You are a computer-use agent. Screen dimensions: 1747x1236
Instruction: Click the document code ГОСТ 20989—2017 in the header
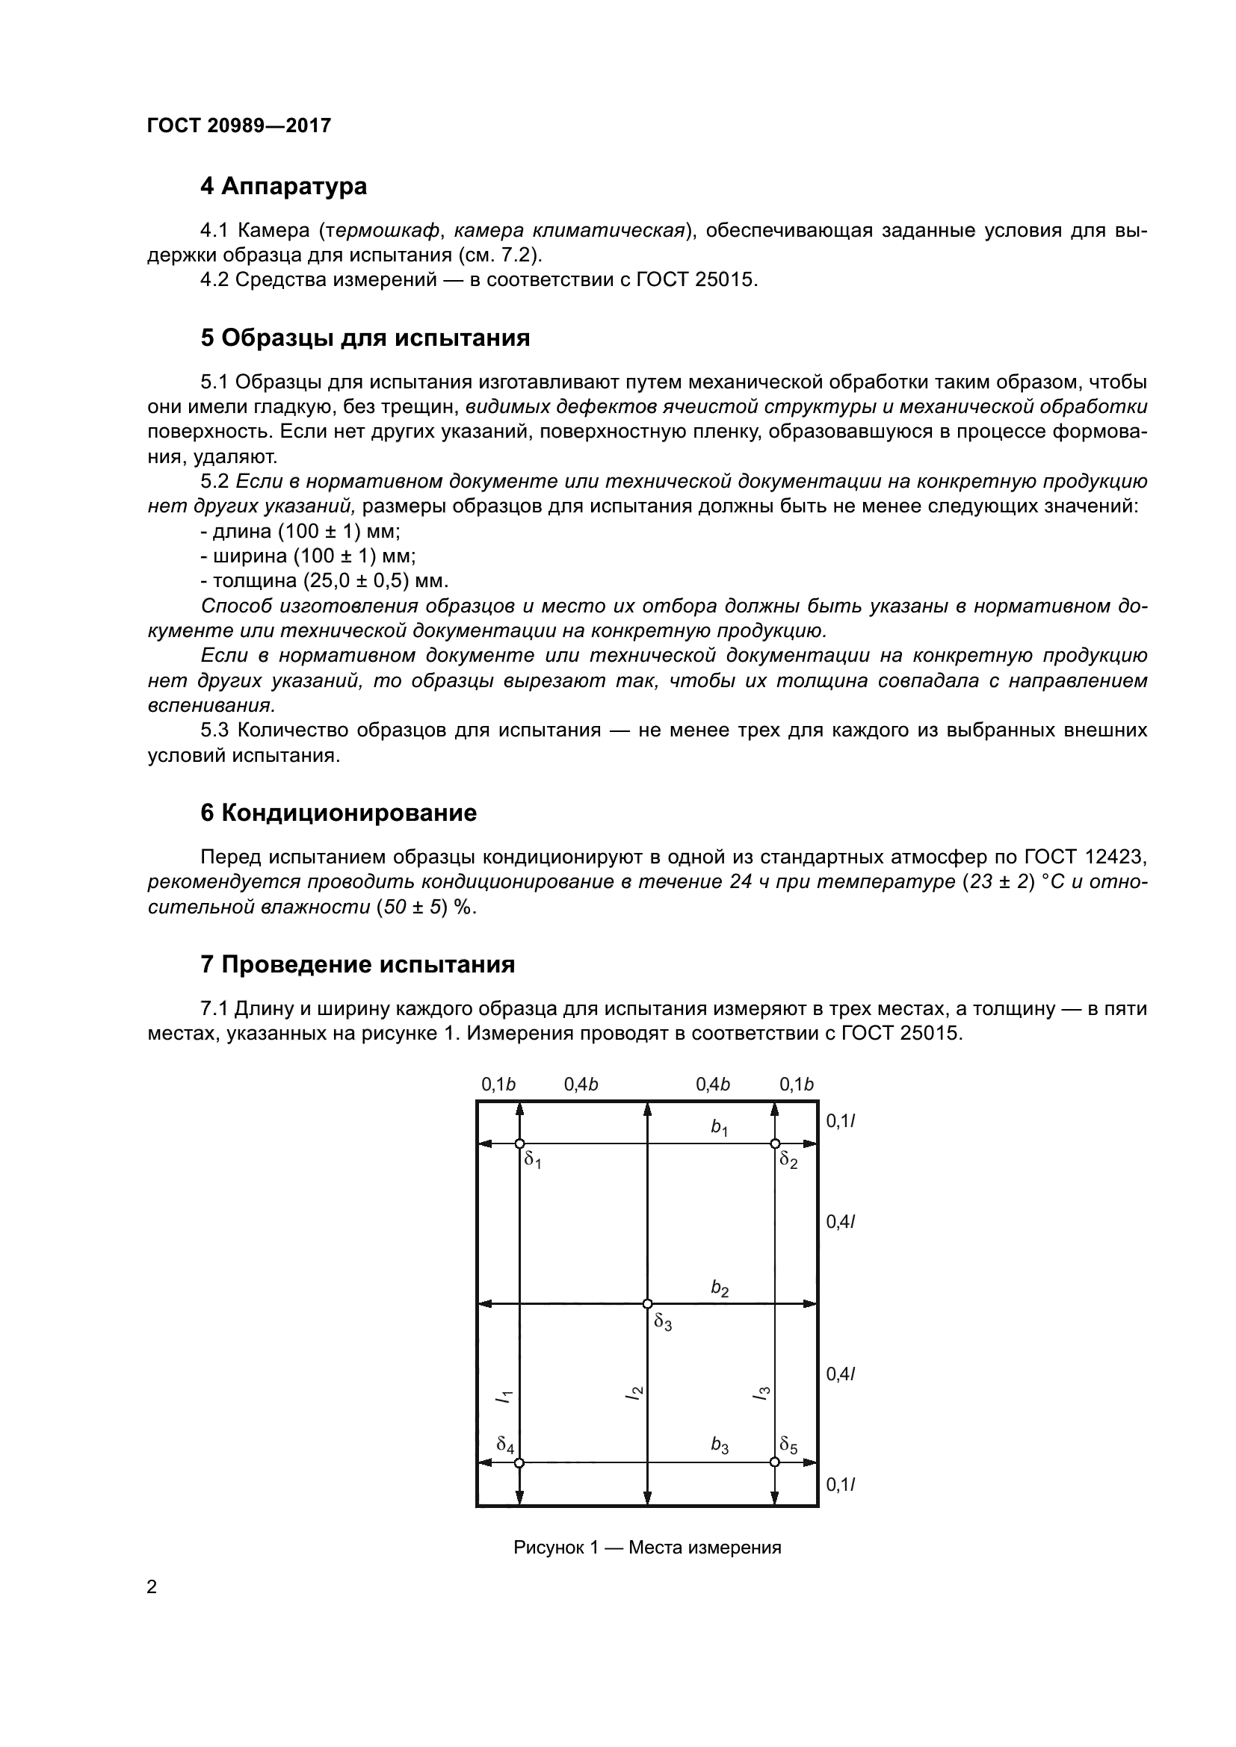(x=239, y=125)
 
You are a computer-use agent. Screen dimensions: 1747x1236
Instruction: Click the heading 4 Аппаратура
(x=283, y=187)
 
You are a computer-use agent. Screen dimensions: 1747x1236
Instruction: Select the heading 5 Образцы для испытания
(x=365, y=338)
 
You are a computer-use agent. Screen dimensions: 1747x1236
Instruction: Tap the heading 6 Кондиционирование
(x=338, y=813)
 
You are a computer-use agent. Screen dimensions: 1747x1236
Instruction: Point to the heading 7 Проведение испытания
(x=357, y=965)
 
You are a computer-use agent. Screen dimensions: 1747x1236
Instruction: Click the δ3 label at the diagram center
(x=663, y=1322)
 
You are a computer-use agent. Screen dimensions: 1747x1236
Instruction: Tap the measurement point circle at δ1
(x=519, y=1144)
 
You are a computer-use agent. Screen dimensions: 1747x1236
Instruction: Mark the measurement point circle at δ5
(x=775, y=1462)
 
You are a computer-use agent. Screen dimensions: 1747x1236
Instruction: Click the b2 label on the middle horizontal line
(x=719, y=1288)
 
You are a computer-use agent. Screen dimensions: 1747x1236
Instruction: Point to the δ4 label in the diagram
(x=505, y=1444)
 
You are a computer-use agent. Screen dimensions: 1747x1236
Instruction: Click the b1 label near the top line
(x=719, y=1127)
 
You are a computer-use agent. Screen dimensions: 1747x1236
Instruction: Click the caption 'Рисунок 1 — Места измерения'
(x=647, y=1547)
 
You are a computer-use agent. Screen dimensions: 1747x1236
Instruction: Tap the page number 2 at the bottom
(x=152, y=1586)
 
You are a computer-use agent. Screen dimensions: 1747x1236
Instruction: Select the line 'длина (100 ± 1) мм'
(x=300, y=531)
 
